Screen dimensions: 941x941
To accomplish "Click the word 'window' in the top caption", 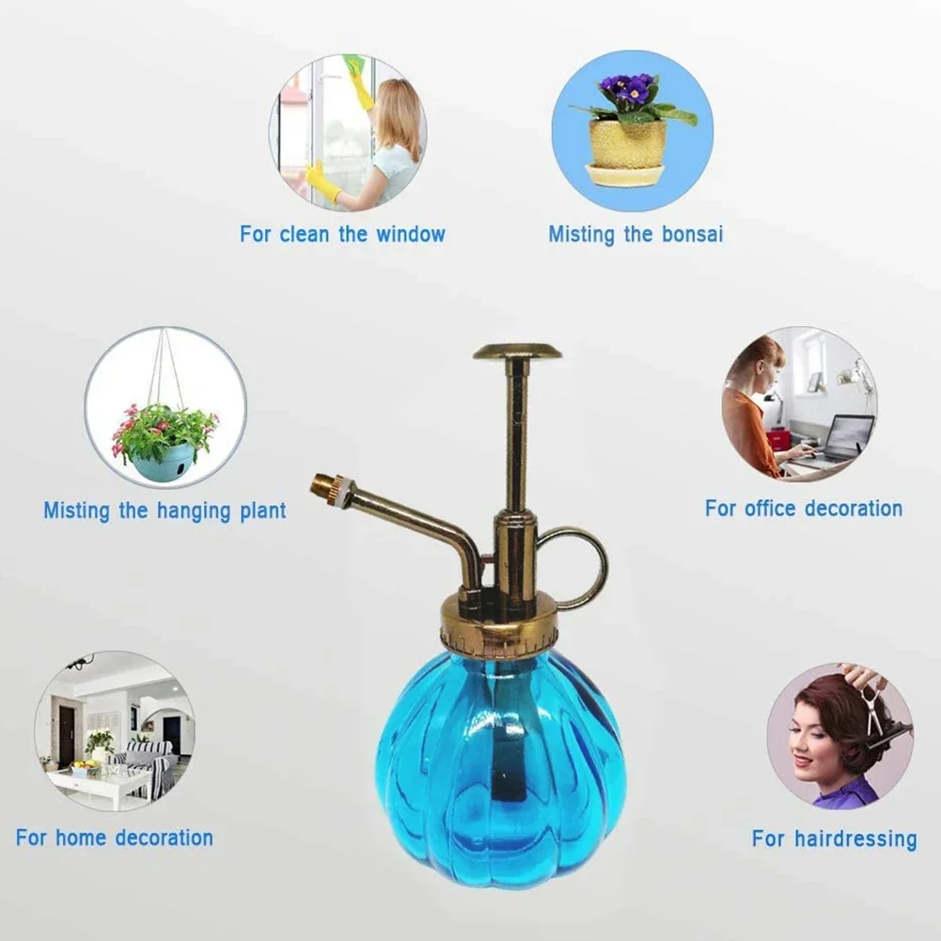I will [x=410, y=234].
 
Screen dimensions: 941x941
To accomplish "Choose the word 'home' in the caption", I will [x=86, y=838].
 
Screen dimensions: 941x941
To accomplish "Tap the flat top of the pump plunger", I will [x=517, y=353].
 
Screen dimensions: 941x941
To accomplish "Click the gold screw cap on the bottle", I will [x=498, y=629].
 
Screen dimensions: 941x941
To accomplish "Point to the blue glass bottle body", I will [x=500, y=752].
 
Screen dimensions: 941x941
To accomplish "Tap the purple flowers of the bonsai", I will [x=628, y=90].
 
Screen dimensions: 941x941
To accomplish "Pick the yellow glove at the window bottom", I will [x=322, y=181].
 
